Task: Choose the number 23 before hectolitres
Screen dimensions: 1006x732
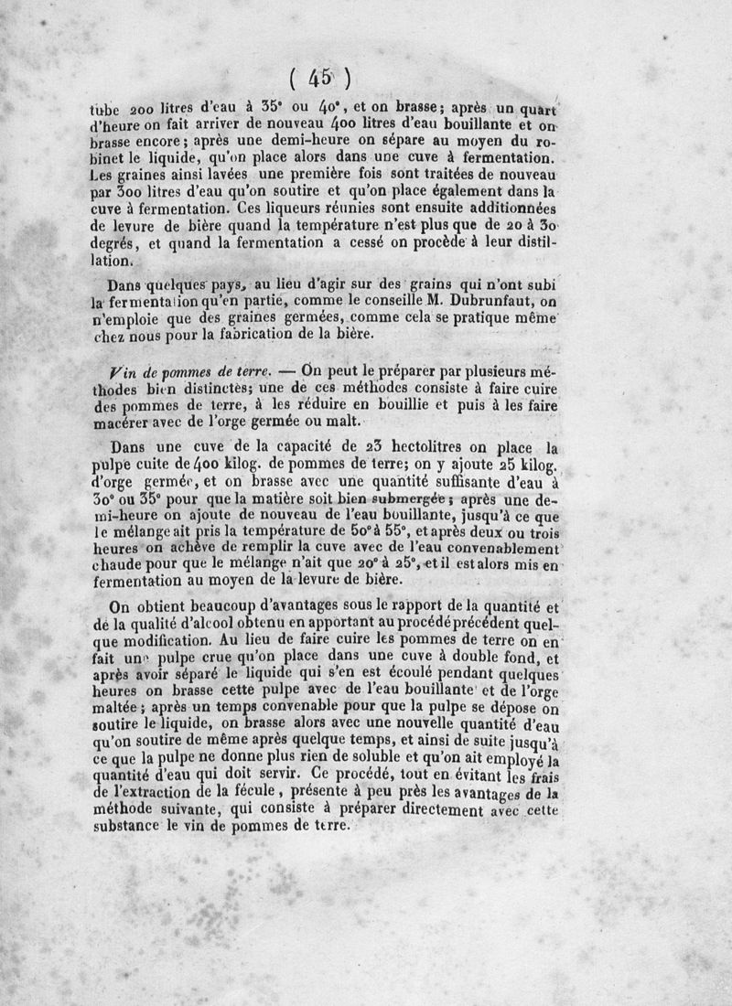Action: point(345,447)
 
